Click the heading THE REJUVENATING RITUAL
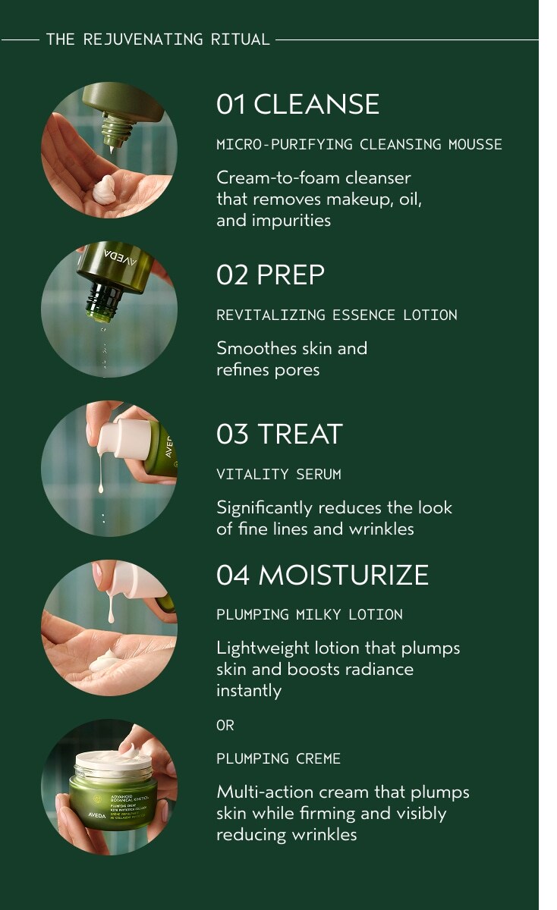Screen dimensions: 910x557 pos(158,39)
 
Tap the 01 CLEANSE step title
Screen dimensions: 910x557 pos(297,104)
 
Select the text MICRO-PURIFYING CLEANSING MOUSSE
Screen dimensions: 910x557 pos(359,144)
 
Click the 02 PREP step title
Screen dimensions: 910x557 pos(270,275)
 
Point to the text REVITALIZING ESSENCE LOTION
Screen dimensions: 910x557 pos(337,315)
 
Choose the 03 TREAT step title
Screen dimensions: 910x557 pos(279,434)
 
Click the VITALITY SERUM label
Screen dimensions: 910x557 pos(278,474)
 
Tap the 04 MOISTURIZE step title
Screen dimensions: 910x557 pos(323,575)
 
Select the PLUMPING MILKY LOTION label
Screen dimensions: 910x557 pos(310,614)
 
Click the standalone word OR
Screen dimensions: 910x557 pos(225,725)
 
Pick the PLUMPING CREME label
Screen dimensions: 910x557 pos(278,758)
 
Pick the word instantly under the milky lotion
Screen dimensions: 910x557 pos(249,690)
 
